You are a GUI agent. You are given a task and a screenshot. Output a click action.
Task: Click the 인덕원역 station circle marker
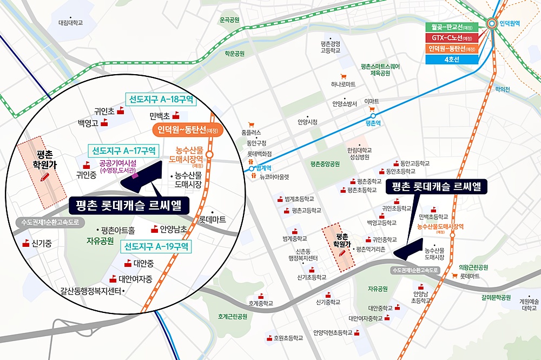[492, 23]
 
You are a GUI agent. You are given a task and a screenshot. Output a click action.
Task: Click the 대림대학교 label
[71, 23]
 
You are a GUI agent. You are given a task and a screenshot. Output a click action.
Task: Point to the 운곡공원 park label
[229, 20]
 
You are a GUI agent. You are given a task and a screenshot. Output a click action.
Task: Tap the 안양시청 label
[308, 122]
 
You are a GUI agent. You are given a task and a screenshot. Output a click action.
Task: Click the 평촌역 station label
[374, 123]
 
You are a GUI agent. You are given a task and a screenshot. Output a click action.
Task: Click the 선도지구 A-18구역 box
[161, 100]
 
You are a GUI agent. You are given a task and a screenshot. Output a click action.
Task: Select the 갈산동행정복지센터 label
[92, 291]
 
